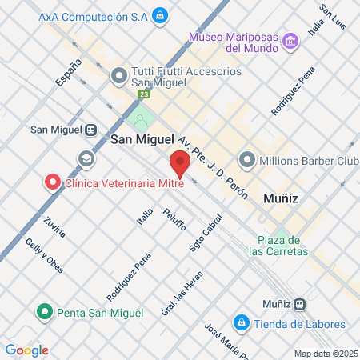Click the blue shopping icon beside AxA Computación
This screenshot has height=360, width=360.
tap(160, 14)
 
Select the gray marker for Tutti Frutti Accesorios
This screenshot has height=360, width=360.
tap(119, 77)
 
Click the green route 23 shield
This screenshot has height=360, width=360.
tap(144, 94)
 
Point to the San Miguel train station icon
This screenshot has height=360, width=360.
tap(91, 130)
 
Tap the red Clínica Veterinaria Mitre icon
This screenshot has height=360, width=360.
tap(53, 182)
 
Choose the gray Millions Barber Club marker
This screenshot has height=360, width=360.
tap(246, 159)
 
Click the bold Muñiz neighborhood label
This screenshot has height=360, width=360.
tap(280, 197)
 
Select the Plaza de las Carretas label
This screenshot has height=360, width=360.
tap(278, 246)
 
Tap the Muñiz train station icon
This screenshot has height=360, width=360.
tap(299, 304)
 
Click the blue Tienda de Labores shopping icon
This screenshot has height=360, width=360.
tap(239, 323)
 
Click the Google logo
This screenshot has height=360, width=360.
tap(26, 350)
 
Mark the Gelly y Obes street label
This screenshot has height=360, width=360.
tap(44, 255)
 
